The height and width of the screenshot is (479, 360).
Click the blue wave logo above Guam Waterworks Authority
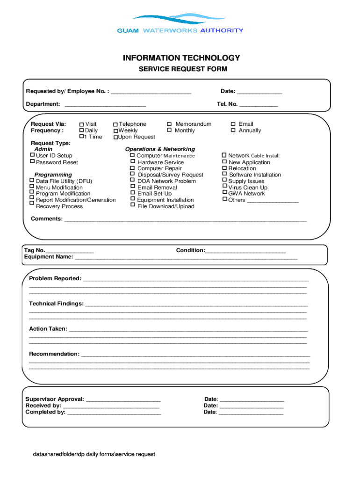[180, 20]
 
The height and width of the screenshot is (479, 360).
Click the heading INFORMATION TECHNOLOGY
[181, 58]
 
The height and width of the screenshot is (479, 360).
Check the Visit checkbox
[81, 124]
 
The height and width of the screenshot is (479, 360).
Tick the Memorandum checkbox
[169, 124]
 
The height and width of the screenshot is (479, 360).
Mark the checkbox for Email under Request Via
[233, 124]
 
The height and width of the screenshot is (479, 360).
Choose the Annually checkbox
[233, 131]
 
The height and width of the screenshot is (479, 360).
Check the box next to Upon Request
[115, 138]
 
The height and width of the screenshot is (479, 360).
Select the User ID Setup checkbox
[32, 155]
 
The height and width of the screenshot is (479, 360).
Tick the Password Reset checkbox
[32, 161]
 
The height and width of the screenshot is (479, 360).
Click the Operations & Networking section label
[160, 149]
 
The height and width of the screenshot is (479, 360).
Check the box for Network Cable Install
[224, 155]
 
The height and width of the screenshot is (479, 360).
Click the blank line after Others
[273, 201]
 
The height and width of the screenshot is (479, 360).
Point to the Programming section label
[53, 175]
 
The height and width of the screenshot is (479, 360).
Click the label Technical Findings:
[56, 304]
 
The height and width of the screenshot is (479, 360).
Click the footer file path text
[94, 454]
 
